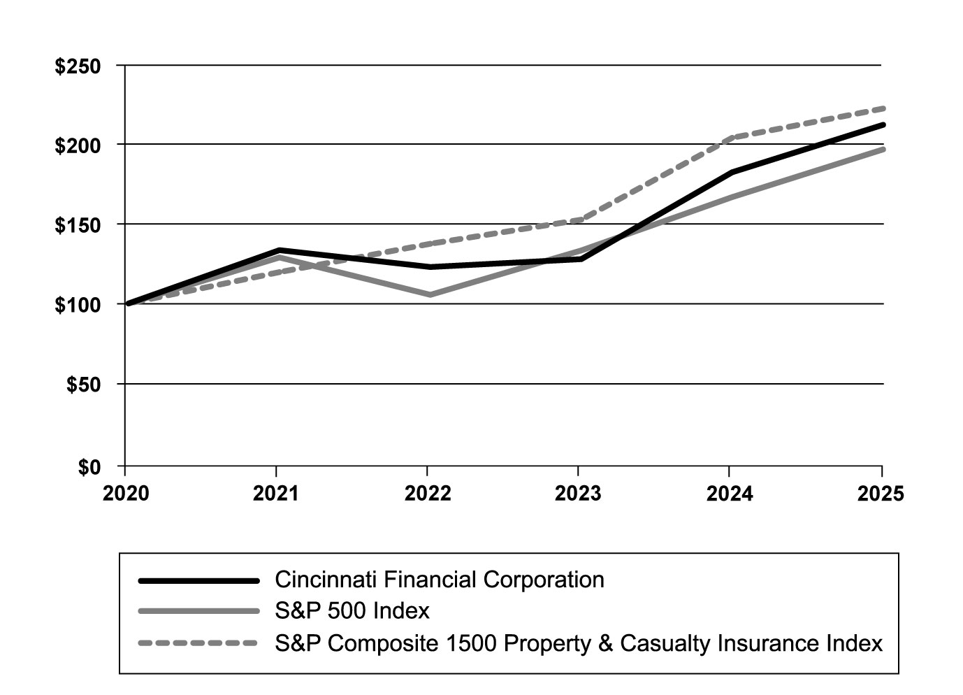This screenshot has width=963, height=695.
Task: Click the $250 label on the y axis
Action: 78,66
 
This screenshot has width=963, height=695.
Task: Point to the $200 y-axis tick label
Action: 78,145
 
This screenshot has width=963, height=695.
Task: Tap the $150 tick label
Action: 78,225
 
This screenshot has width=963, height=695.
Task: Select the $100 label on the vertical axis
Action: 78,305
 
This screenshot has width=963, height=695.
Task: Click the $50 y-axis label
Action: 83,385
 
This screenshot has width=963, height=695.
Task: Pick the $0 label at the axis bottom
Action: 89,466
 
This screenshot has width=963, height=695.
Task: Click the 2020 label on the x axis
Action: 126,494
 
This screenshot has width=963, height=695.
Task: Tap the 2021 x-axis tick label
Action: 276,494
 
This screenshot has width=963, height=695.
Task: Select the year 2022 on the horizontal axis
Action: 428,494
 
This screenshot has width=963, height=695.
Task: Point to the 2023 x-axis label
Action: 578,494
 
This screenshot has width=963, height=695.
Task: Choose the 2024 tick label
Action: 730,494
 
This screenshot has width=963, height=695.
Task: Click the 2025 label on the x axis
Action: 881,494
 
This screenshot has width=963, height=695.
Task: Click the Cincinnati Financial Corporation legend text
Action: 440,580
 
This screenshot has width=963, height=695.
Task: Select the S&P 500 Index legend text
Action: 352,611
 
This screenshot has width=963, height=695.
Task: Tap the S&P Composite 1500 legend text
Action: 579,643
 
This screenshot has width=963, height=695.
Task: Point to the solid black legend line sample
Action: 199,580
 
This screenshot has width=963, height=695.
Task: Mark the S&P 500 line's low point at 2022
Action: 429,294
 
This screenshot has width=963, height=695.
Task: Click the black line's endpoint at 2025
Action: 883,125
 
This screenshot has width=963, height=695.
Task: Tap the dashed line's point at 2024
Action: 731,138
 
